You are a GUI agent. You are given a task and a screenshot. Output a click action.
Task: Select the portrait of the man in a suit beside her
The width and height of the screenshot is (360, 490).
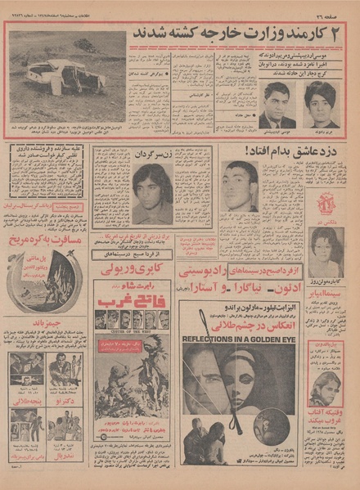279,106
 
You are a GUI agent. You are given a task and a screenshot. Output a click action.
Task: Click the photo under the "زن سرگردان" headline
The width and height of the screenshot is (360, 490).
153,194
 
